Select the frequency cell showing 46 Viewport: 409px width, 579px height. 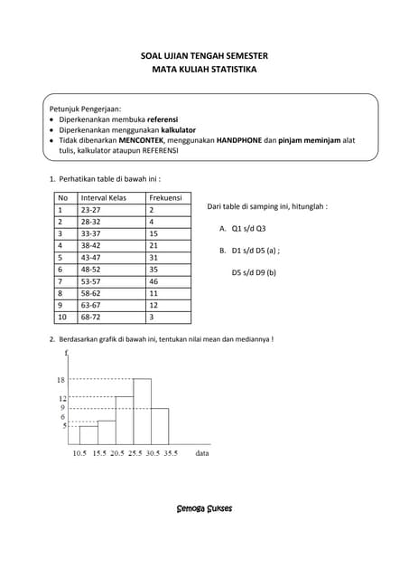pos(154,281)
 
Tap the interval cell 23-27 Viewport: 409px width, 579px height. pos(91,209)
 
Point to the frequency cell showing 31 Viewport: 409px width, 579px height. pos(154,257)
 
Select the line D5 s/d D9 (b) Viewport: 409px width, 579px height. pos(254,271)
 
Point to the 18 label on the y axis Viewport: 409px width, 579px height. pos(61,380)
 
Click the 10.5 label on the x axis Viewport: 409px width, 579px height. pos(79,452)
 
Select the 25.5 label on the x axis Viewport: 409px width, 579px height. pos(134,452)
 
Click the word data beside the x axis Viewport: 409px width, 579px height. pos(202,452)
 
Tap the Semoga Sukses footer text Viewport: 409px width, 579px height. pos(204,508)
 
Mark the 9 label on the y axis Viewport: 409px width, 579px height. pos(63,408)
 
